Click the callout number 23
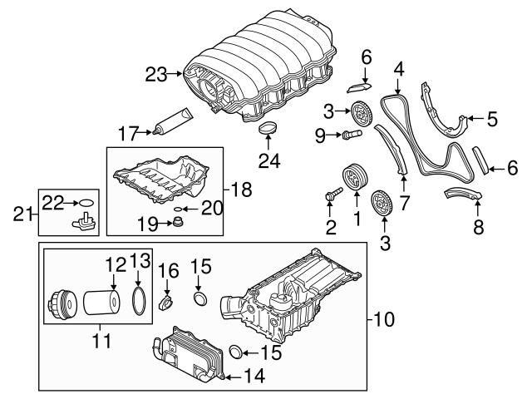(155, 75)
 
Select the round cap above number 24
(268, 127)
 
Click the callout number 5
(492, 119)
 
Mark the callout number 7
(404, 203)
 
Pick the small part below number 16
(166, 298)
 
